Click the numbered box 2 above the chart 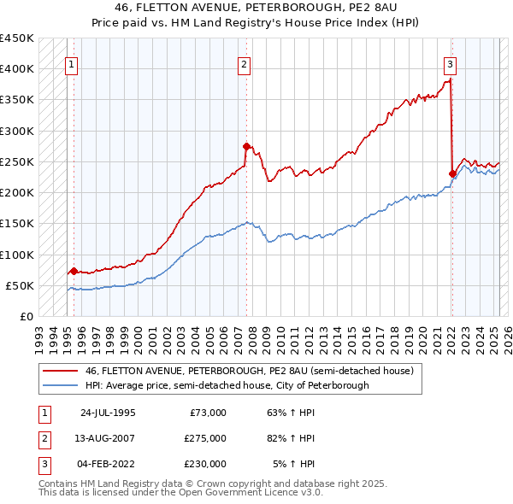point(244,63)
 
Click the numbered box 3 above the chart point(450,63)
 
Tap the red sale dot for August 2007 point(246,146)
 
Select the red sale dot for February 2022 point(452,173)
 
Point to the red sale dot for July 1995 point(74,271)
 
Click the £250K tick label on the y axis point(16,161)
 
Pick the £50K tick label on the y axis point(20,285)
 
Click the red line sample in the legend point(60,371)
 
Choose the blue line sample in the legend point(60,385)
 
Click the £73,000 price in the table point(208,412)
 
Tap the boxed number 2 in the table point(43,437)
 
